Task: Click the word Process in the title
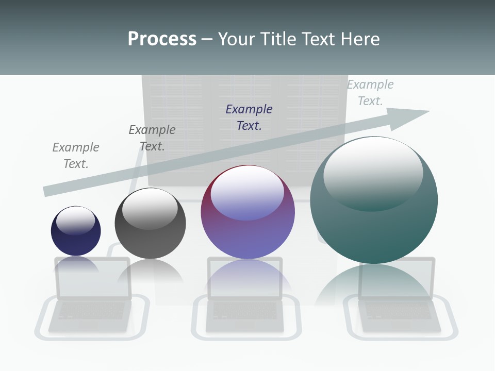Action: pyautogui.click(x=162, y=39)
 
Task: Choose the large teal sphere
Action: pyautogui.click(x=374, y=227)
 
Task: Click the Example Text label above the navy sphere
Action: pyautogui.click(x=76, y=156)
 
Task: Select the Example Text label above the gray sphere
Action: pyautogui.click(x=152, y=138)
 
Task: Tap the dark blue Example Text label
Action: pyautogui.click(x=249, y=117)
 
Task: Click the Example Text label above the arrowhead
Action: pyautogui.click(x=370, y=93)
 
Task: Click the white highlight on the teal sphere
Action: pyautogui.click(x=373, y=173)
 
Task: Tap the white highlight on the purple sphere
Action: pyautogui.click(x=247, y=192)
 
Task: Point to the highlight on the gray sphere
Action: pyautogui.click(x=150, y=208)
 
